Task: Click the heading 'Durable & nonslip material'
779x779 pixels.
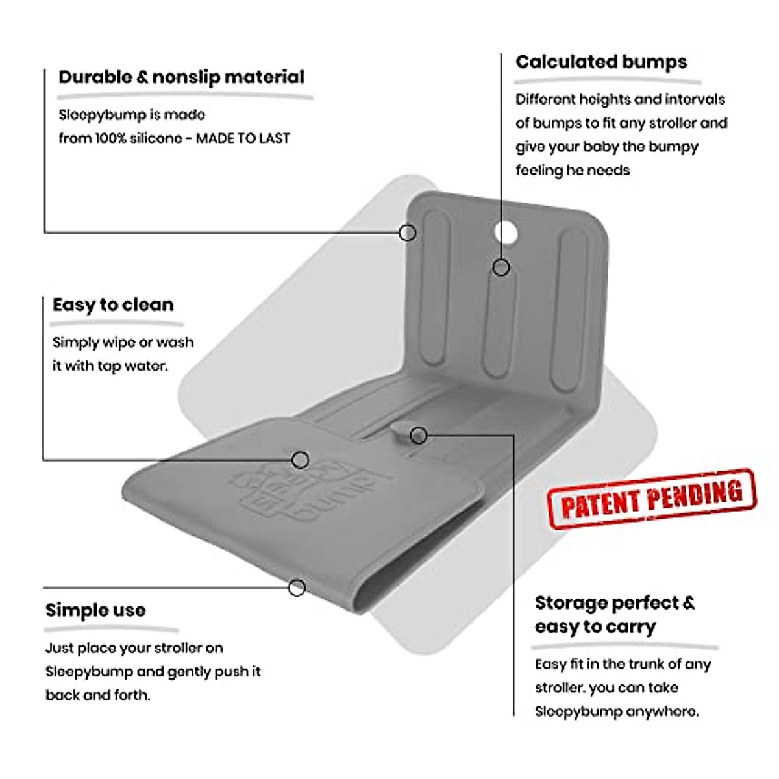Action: pyautogui.click(x=181, y=77)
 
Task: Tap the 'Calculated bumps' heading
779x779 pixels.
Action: pyautogui.click(x=600, y=62)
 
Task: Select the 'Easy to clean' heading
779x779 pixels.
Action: pyautogui.click(x=113, y=305)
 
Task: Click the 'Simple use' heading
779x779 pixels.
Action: pyautogui.click(x=95, y=610)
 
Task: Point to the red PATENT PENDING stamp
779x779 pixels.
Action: pyautogui.click(x=651, y=498)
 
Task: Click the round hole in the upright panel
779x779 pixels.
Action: pyautogui.click(x=506, y=234)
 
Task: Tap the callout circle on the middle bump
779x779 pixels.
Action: pyautogui.click(x=501, y=267)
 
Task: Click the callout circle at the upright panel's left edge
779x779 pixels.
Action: pyautogui.click(x=407, y=232)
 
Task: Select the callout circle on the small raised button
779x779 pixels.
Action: pyautogui.click(x=419, y=436)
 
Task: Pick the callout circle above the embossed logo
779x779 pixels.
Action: pyautogui.click(x=300, y=460)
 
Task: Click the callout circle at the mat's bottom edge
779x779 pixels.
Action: pyautogui.click(x=297, y=588)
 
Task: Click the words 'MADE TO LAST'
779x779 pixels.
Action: pyautogui.click(x=243, y=138)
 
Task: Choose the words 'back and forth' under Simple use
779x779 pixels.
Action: pyautogui.click(x=97, y=695)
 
